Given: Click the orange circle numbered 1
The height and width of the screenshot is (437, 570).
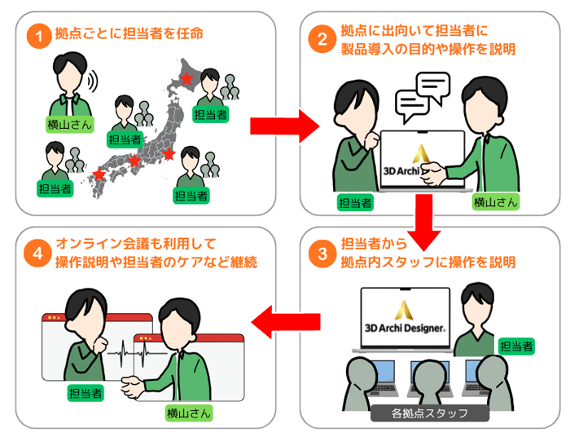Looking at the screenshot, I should click(36, 36).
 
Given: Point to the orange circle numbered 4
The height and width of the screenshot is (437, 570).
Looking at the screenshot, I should click(36, 253).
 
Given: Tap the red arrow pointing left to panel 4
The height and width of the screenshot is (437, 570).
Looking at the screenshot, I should click(272, 324).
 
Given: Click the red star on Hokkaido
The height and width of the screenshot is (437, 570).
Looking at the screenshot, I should click(187, 79).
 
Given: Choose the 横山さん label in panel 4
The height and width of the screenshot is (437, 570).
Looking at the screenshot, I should click(188, 412).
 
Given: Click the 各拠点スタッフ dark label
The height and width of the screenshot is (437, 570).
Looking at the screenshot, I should click(430, 413).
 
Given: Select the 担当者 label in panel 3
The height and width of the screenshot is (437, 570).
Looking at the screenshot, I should click(515, 347).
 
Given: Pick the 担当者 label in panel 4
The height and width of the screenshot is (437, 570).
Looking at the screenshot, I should click(85, 393).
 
